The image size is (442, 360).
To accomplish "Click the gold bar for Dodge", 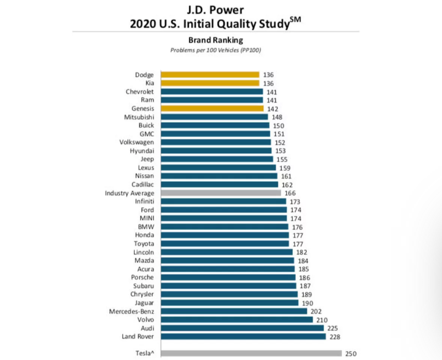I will (210, 75).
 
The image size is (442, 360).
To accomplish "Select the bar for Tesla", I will (251, 353).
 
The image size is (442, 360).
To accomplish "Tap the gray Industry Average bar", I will (220, 193).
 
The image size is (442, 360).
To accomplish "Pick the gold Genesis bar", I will (212, 108).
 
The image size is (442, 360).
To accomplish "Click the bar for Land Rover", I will (243, 336).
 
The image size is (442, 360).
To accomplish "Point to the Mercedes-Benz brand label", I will (133, 311).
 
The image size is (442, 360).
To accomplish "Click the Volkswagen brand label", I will (138, 142).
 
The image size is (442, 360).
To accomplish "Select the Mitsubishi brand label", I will (140, 117).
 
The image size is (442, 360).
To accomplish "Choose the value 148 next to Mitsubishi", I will (277, 117).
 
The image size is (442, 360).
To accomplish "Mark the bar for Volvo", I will (237, 320).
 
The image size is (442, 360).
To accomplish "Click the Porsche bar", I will (228, 277).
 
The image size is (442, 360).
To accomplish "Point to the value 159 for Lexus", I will (285, 168).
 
